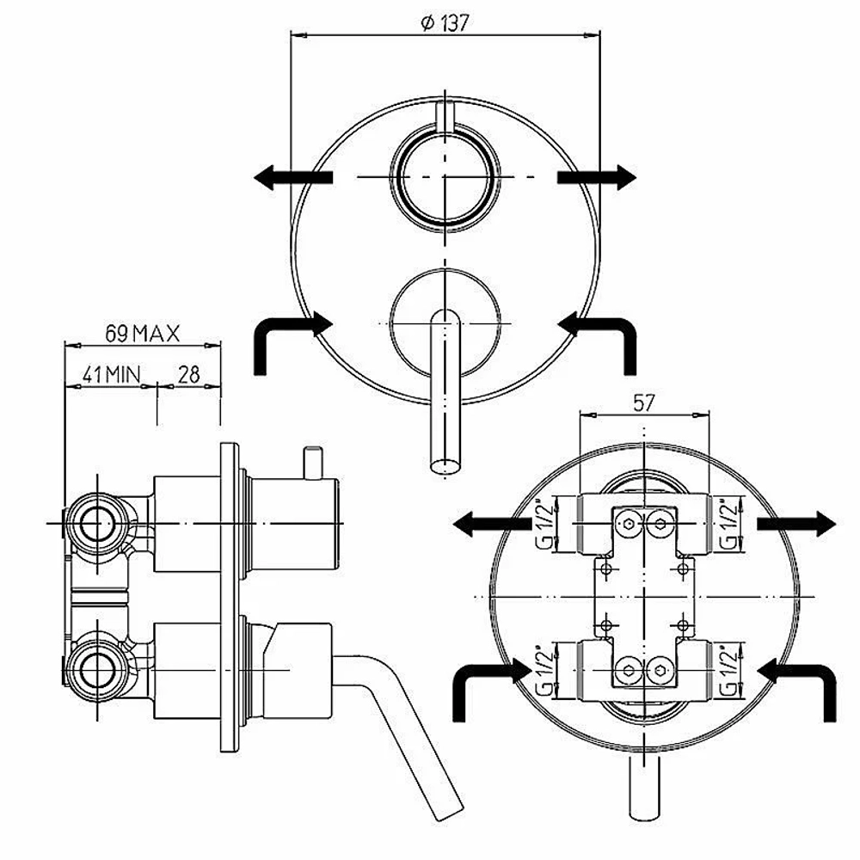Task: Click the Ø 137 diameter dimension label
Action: coord(445,23)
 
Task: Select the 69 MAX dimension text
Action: coord(142,334)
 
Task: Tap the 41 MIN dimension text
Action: coord(111,375)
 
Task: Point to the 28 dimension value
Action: coord(188,375)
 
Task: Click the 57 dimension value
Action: coord(644,403)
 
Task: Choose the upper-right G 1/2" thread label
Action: coord(729,524)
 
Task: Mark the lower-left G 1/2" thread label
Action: coord(542,670)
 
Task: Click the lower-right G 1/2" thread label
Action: coord(729,670)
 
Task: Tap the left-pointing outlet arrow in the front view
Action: coord(293,177)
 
